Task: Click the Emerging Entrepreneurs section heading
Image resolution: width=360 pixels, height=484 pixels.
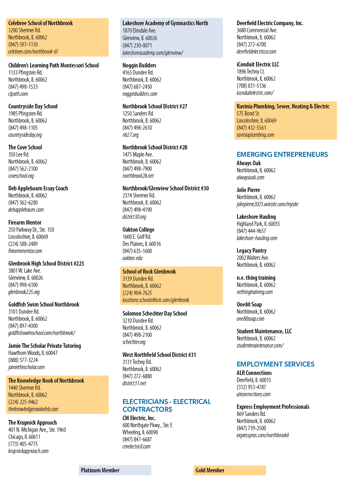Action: point(282,155)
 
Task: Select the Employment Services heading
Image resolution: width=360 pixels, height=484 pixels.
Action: point(275,364)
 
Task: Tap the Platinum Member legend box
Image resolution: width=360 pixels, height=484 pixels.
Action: point(115,470)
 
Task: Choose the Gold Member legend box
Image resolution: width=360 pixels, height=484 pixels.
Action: point(230,470)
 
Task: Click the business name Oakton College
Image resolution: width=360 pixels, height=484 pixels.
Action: point(138,229)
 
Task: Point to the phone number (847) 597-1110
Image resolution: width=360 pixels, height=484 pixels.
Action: point(23,45)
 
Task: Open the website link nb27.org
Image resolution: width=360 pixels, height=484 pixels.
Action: point(130,135)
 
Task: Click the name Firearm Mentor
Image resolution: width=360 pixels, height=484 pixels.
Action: point(25,222)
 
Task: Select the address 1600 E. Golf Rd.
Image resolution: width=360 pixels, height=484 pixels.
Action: point(137,237)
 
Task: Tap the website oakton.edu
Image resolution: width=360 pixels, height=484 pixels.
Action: point(133,258)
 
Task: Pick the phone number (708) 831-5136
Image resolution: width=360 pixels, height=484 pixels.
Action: point(251,86)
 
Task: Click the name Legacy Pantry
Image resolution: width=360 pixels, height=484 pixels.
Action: point(252,250)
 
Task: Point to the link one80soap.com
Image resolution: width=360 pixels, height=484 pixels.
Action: point(250,319)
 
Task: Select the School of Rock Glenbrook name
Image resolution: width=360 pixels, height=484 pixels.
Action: point(149,271)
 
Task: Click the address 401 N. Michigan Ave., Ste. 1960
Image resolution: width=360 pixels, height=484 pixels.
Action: point(37,430)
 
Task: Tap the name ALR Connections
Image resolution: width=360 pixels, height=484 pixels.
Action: point(254,373)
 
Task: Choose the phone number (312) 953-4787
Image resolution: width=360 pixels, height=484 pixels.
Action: point(251,387)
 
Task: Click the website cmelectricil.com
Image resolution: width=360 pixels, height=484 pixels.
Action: point(136,447)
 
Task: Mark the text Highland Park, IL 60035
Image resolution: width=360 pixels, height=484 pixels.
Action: point(258,224)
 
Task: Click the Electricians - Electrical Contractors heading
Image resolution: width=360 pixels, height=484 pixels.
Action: point(167,406)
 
